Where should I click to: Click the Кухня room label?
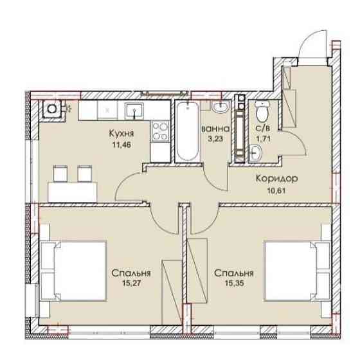(121, 134)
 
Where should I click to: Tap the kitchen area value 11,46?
(122, 145)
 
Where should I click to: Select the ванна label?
(215, 129)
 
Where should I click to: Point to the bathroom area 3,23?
(215, 139)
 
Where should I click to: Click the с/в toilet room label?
(263, 129)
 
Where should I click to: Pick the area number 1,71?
(263, 139)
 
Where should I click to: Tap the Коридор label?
(276, 179)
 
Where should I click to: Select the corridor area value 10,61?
(276, 190)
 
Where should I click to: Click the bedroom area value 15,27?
(131, 283)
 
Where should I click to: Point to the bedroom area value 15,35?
(234, 283)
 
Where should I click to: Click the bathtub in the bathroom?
(188, 131)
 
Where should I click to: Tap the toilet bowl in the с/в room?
(262, 112)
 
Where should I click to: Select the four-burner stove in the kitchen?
(161, 131)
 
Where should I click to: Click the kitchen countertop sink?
(134, 111)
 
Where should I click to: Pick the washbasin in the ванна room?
(220, 107)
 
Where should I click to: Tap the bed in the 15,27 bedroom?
(73, 271)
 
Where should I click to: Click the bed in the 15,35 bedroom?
(298, 271)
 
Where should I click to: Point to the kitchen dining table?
(72, 192)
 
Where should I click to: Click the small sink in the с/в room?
(255, 152)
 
